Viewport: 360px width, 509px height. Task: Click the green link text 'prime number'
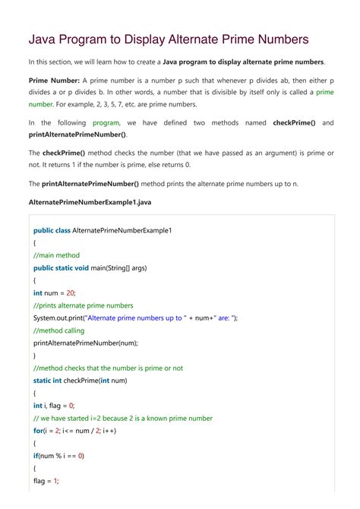click(325, 92)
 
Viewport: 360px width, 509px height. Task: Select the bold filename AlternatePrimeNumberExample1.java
click(91, 202)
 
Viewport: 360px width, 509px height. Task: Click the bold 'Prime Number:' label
click(53, 80)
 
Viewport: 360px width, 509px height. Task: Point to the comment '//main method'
click(56, 255)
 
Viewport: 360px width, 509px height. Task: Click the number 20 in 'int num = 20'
click(71, 292)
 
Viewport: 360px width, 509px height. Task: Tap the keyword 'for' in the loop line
click(38, 431)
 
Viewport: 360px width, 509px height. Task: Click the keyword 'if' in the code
click(36, 456)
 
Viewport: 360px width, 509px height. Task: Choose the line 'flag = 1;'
click(46, 481)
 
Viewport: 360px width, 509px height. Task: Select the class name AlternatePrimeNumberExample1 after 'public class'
click(122, 230)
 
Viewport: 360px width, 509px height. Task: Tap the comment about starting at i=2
click(123, 419)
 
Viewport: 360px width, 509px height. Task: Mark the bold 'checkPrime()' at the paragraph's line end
click(296, 122)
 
